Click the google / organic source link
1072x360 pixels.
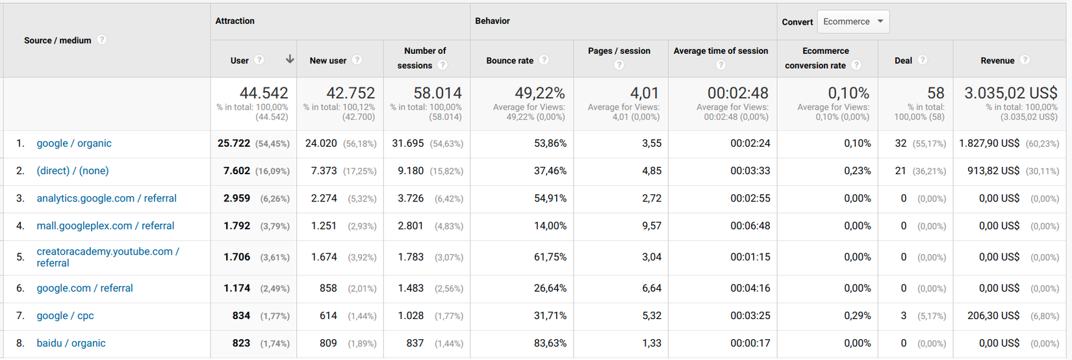click(x=74, y=144)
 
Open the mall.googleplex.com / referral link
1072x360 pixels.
click(x=105, y=226)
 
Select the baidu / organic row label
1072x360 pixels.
click(x=71, y=343)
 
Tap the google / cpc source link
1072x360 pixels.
click(x=65, y=316)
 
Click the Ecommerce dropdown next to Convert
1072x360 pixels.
click(x=853, y=21)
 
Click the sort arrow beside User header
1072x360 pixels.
click(x=290, y=60)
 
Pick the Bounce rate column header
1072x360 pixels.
click(x=510, y=60)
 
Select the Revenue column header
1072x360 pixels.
click(x=997, y=60)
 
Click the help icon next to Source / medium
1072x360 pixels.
click(x=102, y=40)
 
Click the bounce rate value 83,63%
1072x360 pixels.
click(x=550, y=343)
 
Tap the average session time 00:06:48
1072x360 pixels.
click(x=750, y=226)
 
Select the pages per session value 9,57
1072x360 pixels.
click(x=652, y=226)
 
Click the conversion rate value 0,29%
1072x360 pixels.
click(x=858, y=316)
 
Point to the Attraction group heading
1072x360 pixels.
click(x=235, y=21)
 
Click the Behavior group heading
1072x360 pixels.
click(x=492, y=21)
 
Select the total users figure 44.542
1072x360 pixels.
click(x=264, y=94)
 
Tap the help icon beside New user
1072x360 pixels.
click(x=357, y=60)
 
